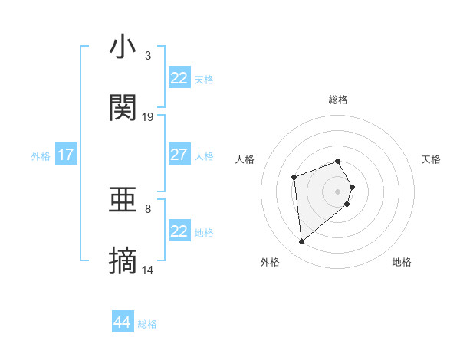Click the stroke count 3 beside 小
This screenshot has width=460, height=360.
148,56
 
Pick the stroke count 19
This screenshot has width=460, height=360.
148,117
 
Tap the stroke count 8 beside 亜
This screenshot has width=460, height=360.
148,208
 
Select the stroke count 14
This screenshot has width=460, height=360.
148,270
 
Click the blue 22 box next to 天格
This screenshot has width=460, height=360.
179,78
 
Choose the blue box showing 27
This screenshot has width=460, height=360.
179,155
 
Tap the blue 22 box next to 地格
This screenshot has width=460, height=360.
179,231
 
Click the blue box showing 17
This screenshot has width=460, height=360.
66,155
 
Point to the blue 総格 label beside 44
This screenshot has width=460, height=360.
147,324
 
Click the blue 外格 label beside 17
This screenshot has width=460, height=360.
41,156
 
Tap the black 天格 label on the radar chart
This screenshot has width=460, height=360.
431,159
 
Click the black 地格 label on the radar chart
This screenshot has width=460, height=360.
402,262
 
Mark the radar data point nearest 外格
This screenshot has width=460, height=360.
301,242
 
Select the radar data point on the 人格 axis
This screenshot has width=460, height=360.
294,178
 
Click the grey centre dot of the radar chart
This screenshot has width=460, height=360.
337,191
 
